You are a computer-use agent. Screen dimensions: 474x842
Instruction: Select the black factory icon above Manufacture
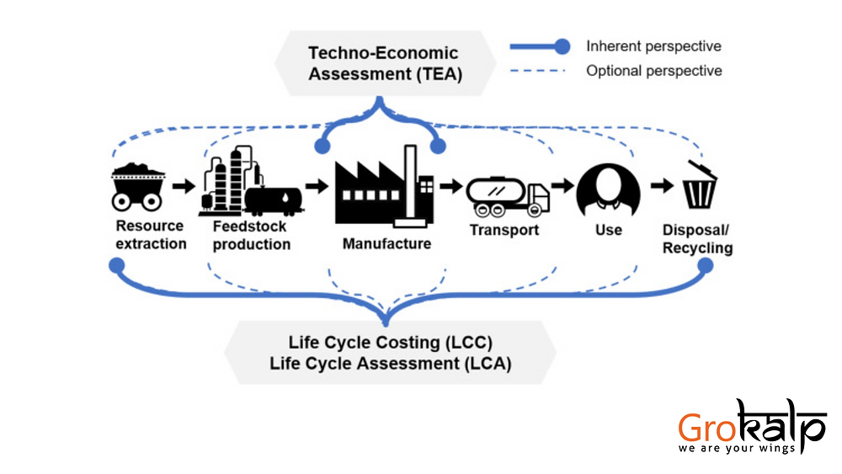point(384,187)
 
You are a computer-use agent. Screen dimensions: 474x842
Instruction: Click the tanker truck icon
point(508,195)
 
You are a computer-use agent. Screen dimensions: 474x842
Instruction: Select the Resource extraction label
point(151,235)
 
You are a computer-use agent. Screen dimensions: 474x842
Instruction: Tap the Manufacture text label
point(386,244)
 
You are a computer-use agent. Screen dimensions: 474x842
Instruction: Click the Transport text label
point(504,230)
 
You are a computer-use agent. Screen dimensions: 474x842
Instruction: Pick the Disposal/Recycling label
point(697,239)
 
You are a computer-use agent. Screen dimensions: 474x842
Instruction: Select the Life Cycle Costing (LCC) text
point(390,344)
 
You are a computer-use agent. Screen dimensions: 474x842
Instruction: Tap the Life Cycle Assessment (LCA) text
point(390,364)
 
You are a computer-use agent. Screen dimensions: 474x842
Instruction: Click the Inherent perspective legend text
point(653,46)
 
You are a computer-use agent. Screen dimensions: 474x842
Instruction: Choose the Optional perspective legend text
point(654,71)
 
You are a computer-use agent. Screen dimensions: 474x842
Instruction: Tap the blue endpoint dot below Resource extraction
point(116,265)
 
